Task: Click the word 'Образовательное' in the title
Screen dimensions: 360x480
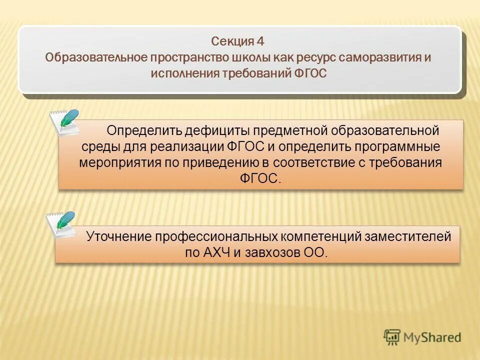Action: [x=95, y=57]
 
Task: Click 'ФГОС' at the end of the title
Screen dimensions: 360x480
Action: [x=308, y=73]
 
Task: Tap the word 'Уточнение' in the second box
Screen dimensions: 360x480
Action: [x=118, y=236]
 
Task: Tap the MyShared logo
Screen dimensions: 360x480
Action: [x=422, y=337]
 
